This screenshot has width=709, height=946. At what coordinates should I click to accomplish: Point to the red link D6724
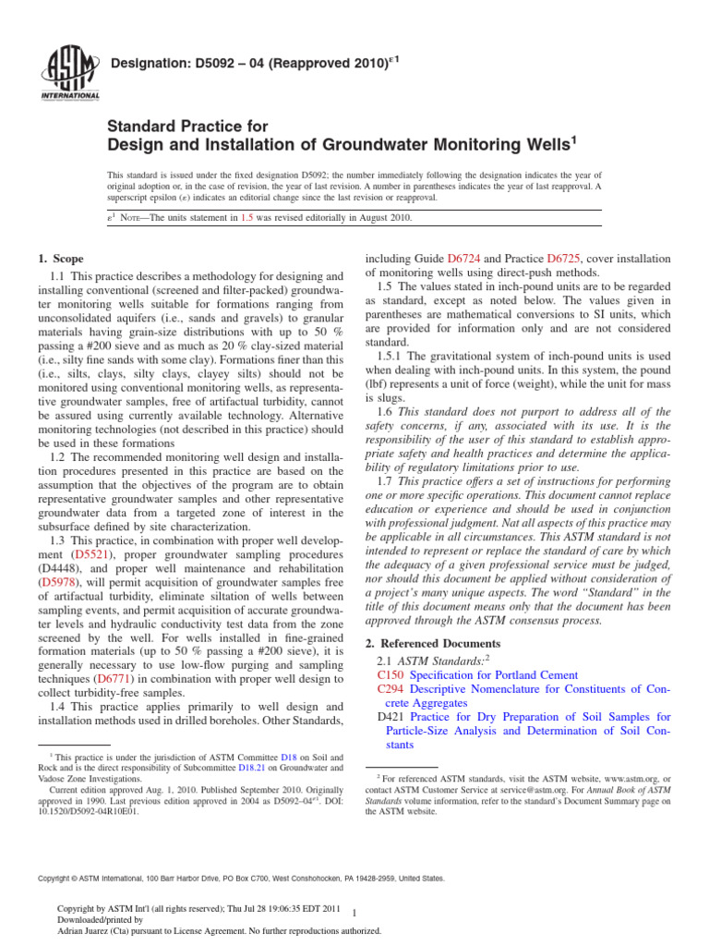click(x=465, y=260)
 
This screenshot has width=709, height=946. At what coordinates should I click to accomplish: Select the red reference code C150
click(x=392, y=675)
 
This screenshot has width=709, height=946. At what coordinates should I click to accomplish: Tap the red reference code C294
click(x=392, y=689)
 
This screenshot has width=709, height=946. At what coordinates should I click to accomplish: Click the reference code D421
click(x=392, y=717)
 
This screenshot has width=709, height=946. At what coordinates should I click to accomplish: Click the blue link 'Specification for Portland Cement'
click(x=494, y=675)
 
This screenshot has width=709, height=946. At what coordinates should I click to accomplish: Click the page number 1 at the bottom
click(x=355, y=914)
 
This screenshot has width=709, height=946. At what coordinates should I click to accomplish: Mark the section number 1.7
click(x=385, y=481)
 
